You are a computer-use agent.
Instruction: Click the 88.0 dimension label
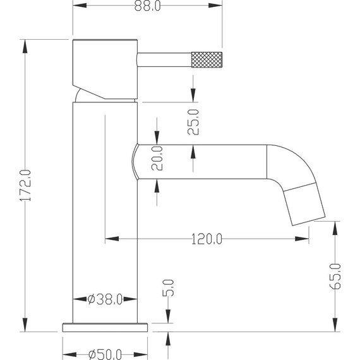tap(147, 6)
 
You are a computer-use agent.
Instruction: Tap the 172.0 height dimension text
tap(25, 186)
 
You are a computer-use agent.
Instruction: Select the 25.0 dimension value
tap(193, 122)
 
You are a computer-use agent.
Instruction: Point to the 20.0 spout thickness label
tap(157, 158)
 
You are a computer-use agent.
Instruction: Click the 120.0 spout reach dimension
tap(207, 239)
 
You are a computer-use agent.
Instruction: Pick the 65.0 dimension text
tap(335, 277)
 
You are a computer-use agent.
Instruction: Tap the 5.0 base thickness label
tap(168, 287)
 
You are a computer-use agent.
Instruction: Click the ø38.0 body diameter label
tap(105, 299)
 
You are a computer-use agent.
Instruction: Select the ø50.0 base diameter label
tap(105, 354)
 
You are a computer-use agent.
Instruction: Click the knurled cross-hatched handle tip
tap(207, 60)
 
